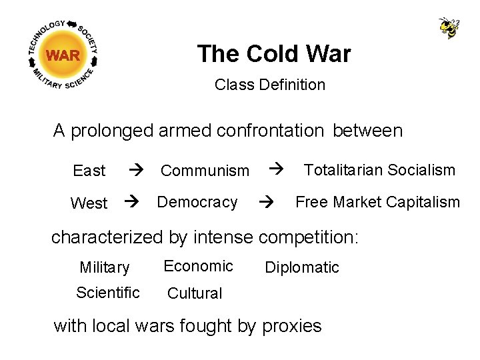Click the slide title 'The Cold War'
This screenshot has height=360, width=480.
pos(273,54)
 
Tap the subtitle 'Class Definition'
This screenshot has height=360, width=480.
pos(270,85)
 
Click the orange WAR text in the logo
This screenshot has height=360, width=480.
pos(63,55)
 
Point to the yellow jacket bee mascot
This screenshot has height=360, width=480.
pos(449,27)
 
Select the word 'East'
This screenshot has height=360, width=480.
pos(89,171)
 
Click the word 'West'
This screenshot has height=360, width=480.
pos(88,203)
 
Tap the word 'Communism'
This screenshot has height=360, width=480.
pos(205,171)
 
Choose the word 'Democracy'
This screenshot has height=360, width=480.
pos(197,202)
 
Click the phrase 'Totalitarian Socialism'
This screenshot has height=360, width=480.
pos(379,170)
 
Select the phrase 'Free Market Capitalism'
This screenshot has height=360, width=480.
pos(377,202)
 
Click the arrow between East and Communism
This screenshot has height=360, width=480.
pos(135,171)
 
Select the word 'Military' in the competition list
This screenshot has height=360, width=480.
pos(104,268)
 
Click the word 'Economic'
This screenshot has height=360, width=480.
pos(198,266)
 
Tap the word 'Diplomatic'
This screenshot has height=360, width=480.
pos(302,268)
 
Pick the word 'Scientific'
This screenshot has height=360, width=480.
pos(107,293)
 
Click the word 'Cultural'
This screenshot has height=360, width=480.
pos(195,293)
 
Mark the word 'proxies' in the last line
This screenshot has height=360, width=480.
pos(291,326)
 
